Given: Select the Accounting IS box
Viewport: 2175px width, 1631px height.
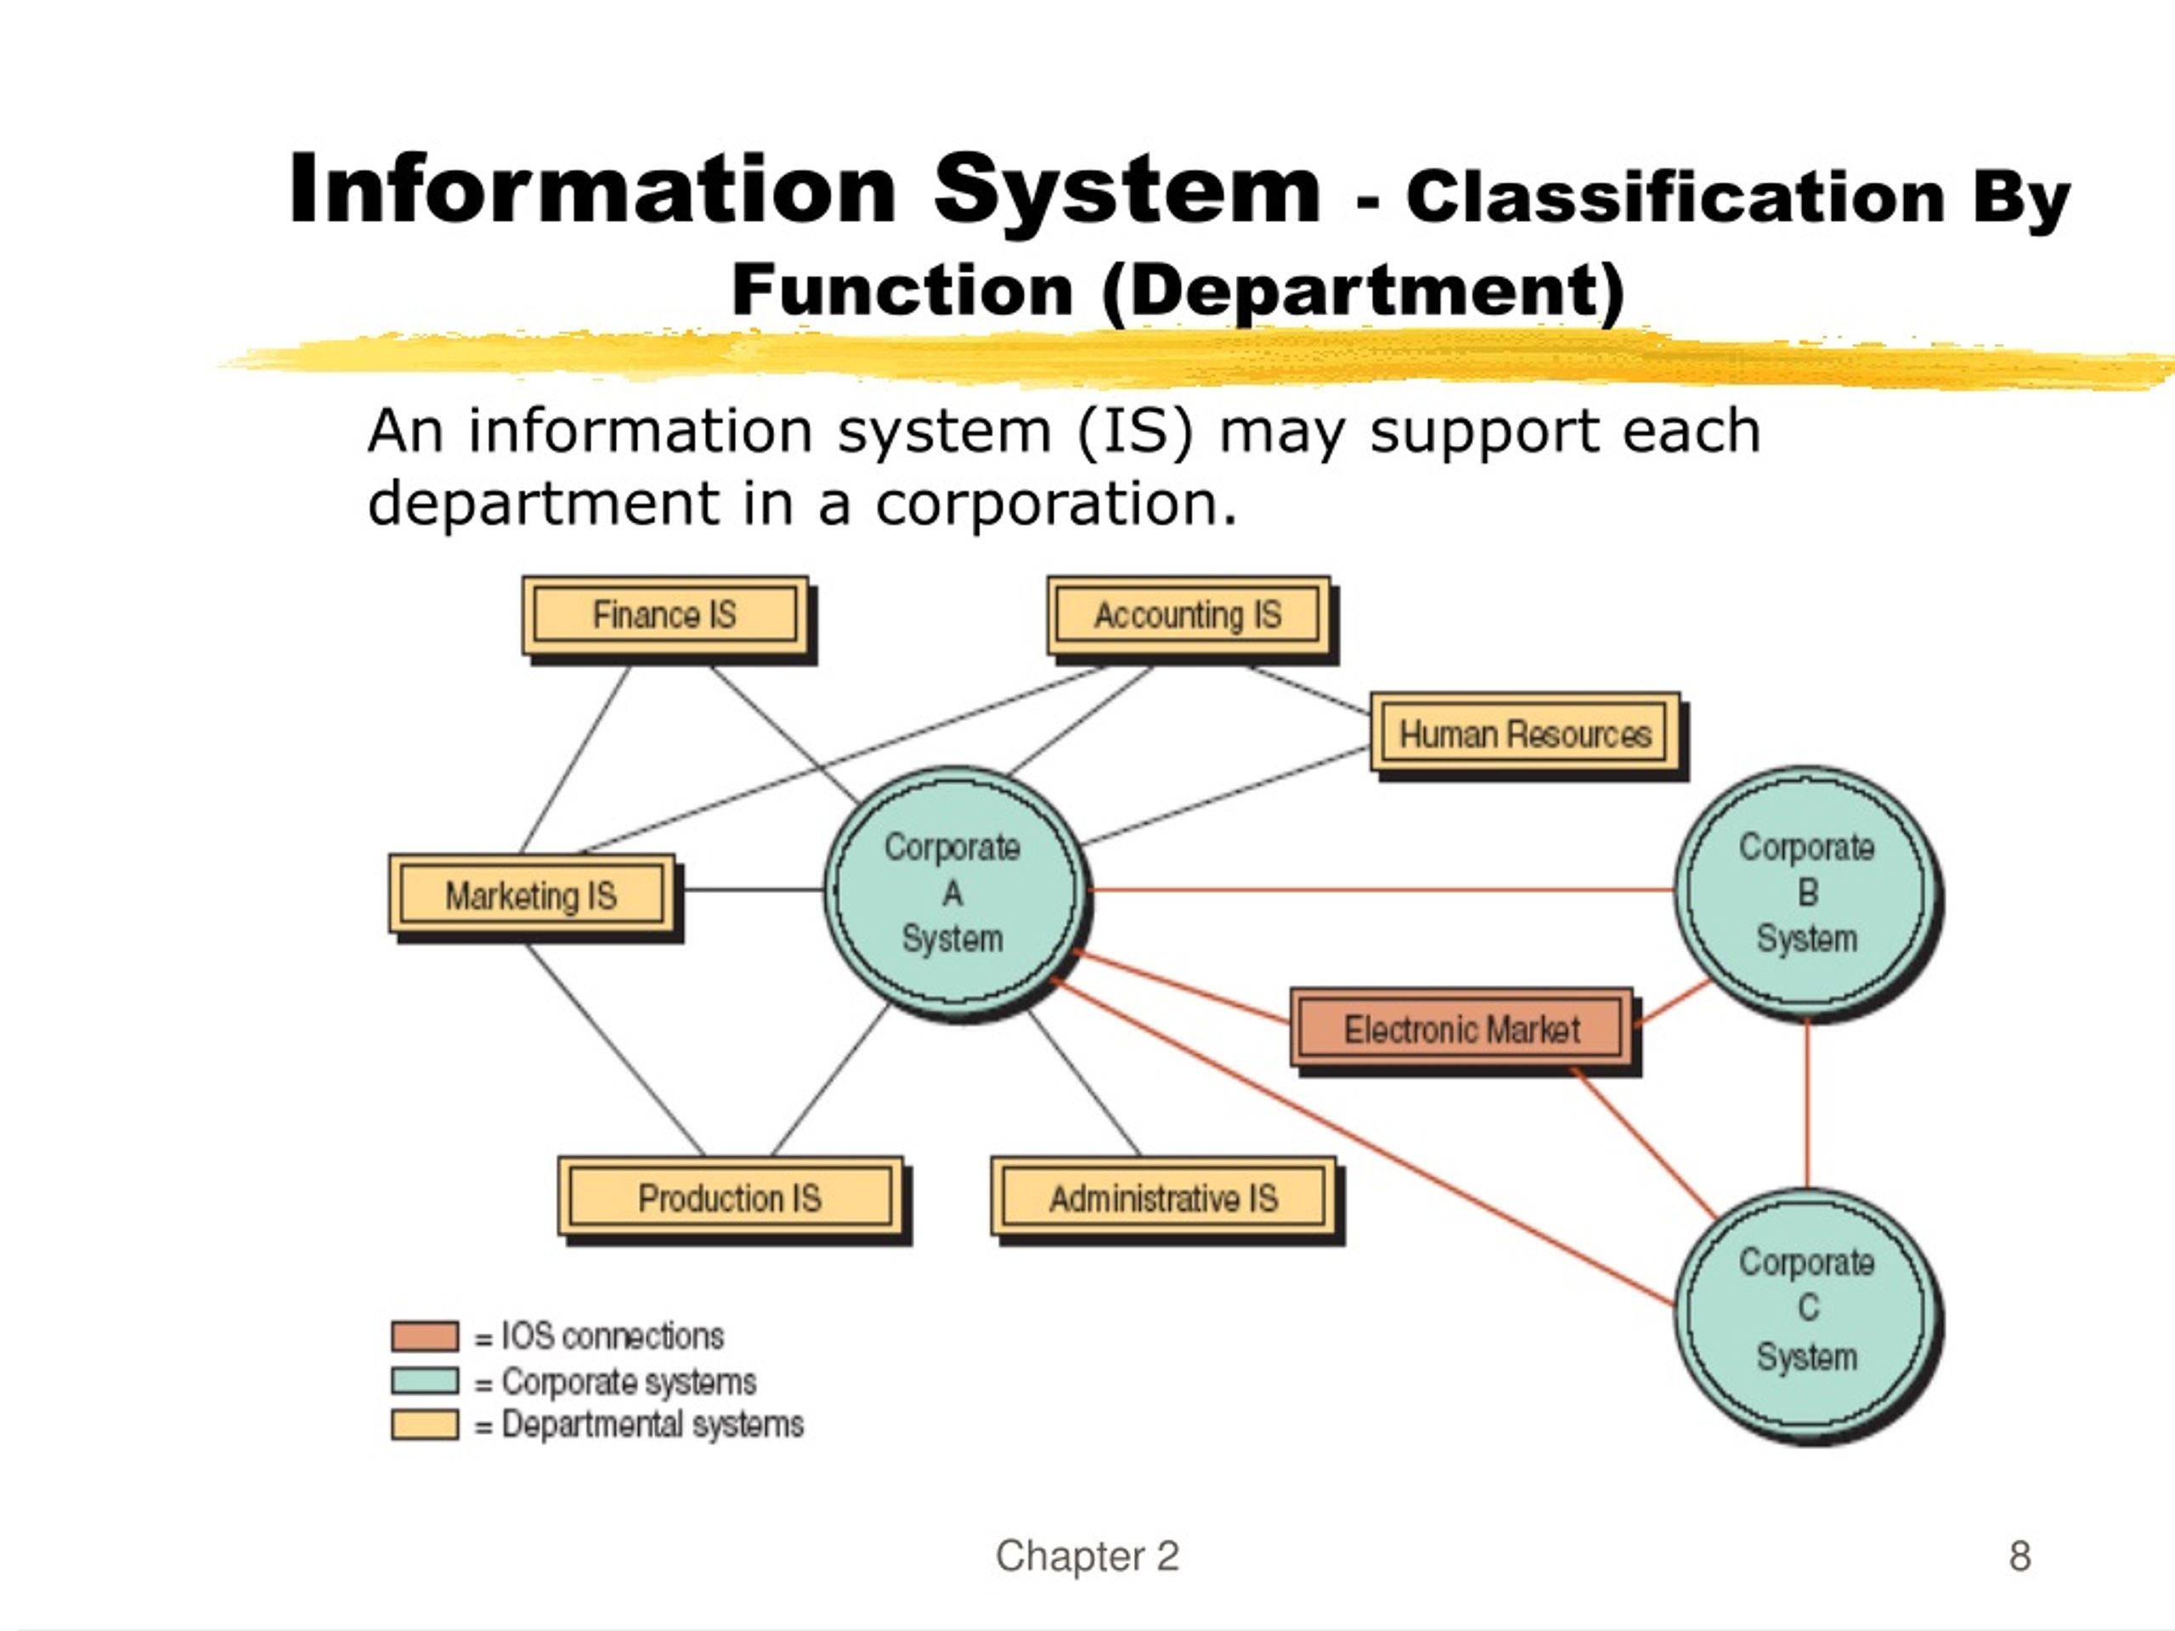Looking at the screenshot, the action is coord(1189,617).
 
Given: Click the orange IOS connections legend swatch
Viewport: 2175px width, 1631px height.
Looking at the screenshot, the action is coord(425,1336).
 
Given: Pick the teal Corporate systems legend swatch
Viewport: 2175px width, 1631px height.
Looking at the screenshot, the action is coord(425,1380).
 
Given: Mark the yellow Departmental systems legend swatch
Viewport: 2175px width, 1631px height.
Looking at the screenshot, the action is coord(425,1425).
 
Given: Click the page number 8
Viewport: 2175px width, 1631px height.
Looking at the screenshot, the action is coord(2020,1556).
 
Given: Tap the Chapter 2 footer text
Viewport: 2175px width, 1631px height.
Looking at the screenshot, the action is coord(1087,1556).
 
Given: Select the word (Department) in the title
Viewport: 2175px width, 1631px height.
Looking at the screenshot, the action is coord(1364,292).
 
